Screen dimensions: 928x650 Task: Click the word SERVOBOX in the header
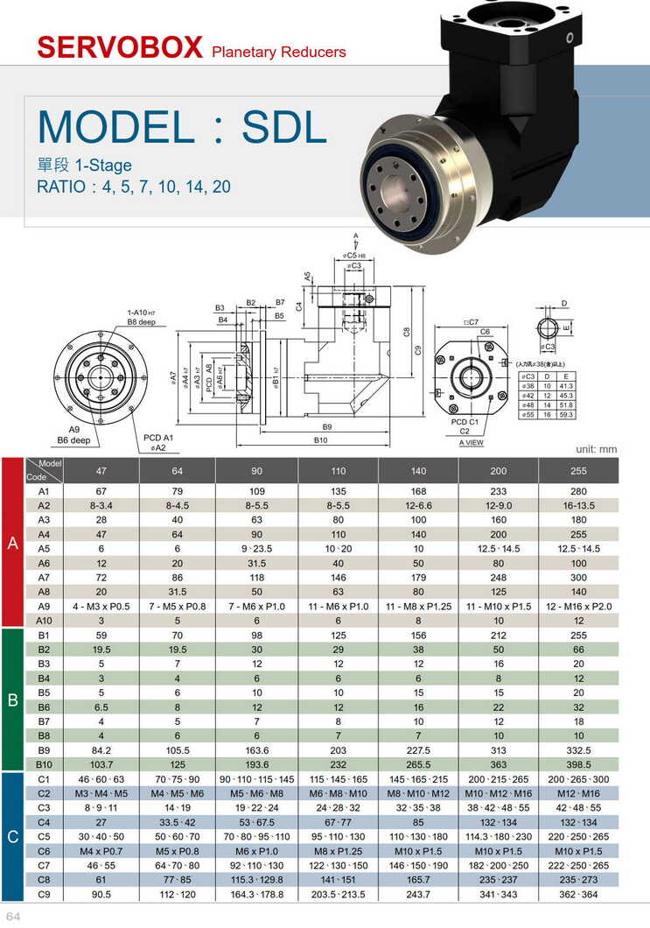click(120, 47)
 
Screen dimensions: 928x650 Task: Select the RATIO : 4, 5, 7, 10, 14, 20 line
click(134, 186)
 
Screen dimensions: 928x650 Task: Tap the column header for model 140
click(418, 471)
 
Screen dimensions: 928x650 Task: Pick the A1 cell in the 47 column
click(101, 491)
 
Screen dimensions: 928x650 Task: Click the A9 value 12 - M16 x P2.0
click(578, 606)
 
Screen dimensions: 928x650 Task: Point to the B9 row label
click(43, 750)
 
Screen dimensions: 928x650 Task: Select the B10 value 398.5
click(578, 764)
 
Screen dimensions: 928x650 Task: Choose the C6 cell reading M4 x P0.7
click(101, 850)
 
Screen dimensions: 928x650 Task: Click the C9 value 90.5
click(101, 894)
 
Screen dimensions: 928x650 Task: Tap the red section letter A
click(13, 543)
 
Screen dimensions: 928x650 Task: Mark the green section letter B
click(13, 700)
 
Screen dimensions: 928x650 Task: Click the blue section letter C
click(13, 837)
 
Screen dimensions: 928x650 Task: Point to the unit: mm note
click(596, 449)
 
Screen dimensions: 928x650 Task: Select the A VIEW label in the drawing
click(471, 442)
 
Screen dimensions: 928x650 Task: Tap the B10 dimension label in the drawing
click(326, 439)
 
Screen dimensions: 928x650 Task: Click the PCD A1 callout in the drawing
click(157, 437)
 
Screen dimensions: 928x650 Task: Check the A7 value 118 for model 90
click(256, 578)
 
